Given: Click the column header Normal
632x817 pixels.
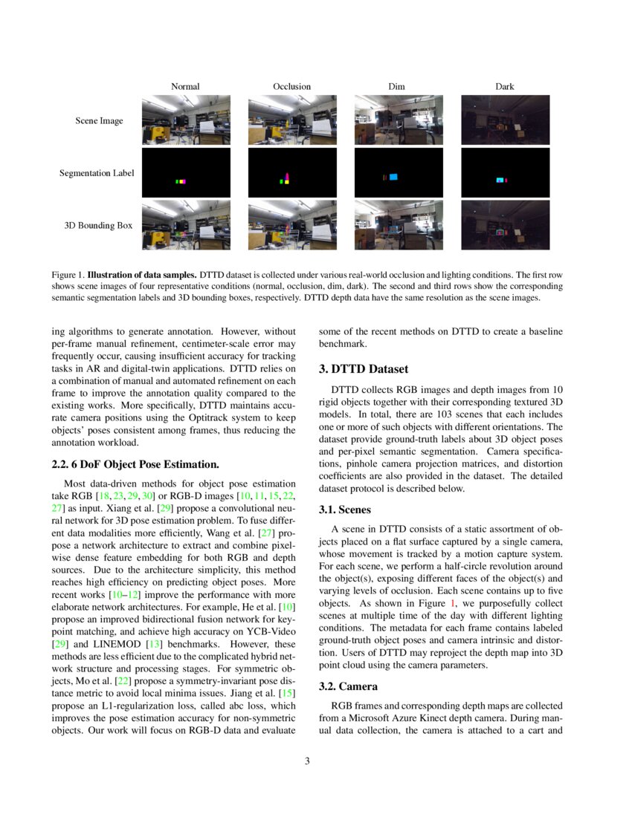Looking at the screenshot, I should pyautogui.click(x=185, y=86).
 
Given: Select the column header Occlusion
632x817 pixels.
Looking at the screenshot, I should pyautogui.click(x=291, y=86).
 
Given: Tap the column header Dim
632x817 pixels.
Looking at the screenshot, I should pyautogui.click(x=396, y=86).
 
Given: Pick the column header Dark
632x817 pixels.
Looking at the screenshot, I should pyautogui.click(x=505, y=86).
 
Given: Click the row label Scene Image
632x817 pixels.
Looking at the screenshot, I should pyautogui.click(x=99, y=120).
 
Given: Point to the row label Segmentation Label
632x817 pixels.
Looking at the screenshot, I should pyautogui.click(x=97, y=173).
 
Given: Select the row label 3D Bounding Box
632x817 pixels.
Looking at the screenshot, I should pyautogui.click(x=97, y=225).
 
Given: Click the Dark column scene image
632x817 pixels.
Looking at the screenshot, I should pyautogui.click(x=505, y=120).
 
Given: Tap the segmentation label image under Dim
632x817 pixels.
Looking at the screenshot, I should pyautogui.click(x=399, y=172).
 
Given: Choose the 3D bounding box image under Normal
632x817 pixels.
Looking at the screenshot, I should pyautogui.click(x=185, y=225).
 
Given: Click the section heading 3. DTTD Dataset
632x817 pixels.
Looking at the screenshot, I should pyautogui.click(x=364, y=369).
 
